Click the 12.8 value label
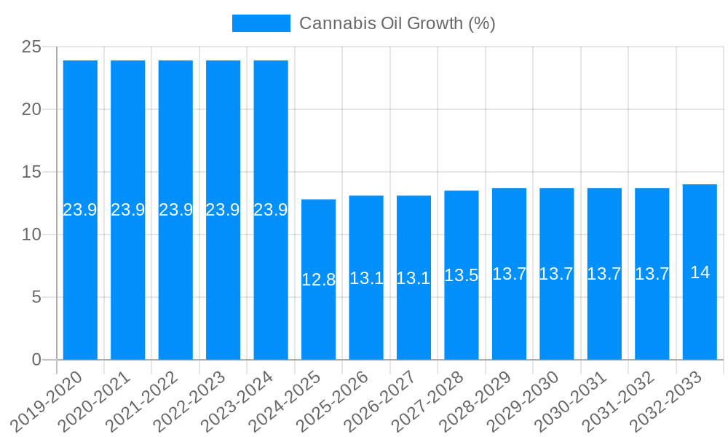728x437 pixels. [x=318, y=280]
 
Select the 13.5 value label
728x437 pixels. [x=462, y=275]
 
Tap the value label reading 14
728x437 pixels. [x=700, y=272]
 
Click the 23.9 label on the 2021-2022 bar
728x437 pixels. [x=175, y=210]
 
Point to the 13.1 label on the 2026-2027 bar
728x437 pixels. [x=414, y=278]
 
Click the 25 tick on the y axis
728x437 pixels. [x=31, y=47]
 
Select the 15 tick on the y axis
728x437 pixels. [x=31, y=173]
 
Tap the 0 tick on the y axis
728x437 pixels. [x=37, y=360]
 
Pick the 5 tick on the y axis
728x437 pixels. [x=37, y=297]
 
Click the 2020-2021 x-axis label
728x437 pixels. [x=95, y=401]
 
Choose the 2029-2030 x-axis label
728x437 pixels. [x=524, y=401]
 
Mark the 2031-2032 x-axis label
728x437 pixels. [x=620, y=401]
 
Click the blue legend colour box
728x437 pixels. [x=261, y=23]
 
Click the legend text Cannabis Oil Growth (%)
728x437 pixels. [x=397, y=23]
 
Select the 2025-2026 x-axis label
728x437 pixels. [x=333, y=401]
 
